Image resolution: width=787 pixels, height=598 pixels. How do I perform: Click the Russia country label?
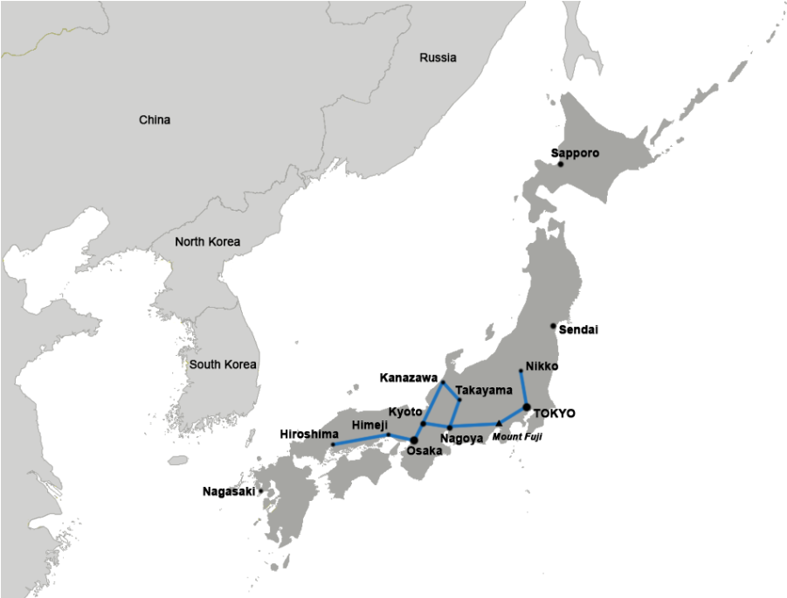[x=438, y=58]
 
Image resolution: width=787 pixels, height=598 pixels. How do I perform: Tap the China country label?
[x=155, y=120]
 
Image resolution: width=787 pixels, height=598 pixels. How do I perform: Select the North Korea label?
[x=207, y=242]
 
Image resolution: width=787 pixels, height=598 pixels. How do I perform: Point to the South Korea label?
[x=223, y=365]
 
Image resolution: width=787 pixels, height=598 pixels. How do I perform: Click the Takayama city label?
[x=484, y=390]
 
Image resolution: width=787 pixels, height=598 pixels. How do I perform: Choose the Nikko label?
[x=542, y=366]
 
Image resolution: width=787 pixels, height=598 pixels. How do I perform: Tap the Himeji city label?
[x=368, y=425]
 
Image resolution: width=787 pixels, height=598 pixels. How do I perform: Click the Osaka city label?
[x=425, y=451]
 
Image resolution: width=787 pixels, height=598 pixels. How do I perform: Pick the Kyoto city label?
[x=405, y=411]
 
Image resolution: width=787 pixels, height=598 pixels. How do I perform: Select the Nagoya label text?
[x=462, y=438]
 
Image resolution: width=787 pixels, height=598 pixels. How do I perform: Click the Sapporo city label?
[x=578, y=153]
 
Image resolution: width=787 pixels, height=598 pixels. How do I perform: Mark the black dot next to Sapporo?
[x=561, y=163]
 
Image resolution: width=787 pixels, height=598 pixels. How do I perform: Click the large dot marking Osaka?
[x=414, y=440]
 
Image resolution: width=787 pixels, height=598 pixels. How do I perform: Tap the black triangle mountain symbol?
[x=499, y=424]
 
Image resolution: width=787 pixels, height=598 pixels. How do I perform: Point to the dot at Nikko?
[x=521, y=372]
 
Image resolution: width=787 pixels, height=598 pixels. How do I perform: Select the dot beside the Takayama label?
[x=459, y=400]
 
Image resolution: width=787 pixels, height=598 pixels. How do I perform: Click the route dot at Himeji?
[x=388, y=435]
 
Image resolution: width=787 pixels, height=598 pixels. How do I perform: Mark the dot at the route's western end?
[x=333, y=445]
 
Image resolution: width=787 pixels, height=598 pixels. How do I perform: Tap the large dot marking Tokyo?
[x=526, y=407]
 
